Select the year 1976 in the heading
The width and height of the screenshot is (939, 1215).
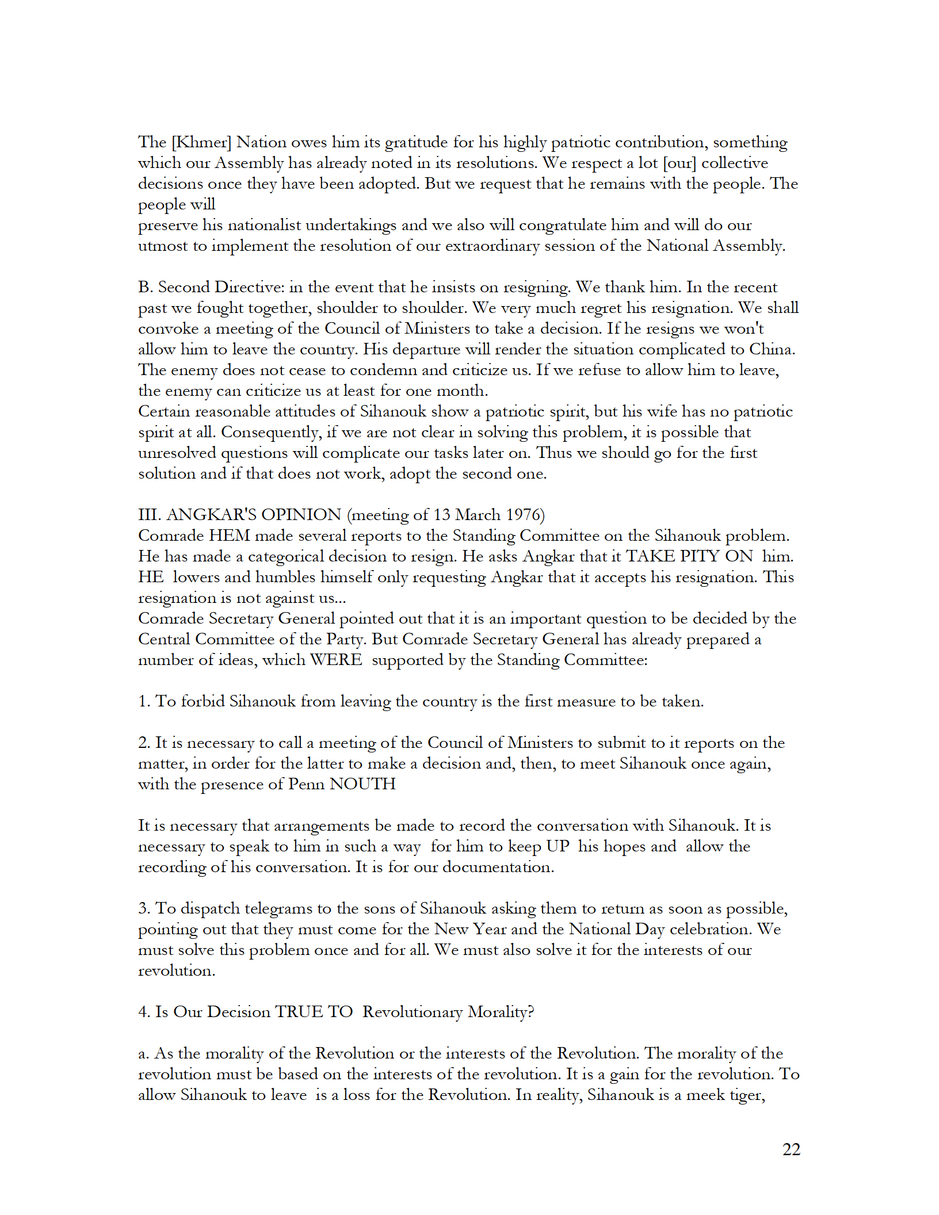click(x=524, y=515)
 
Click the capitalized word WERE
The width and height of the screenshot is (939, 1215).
click(x=336, y=660)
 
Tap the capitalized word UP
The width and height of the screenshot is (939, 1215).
click(x=558, y=846)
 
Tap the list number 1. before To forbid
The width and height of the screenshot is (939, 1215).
click(x=144, y=701)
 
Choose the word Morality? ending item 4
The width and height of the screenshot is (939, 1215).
click(x=501, y=1012)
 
